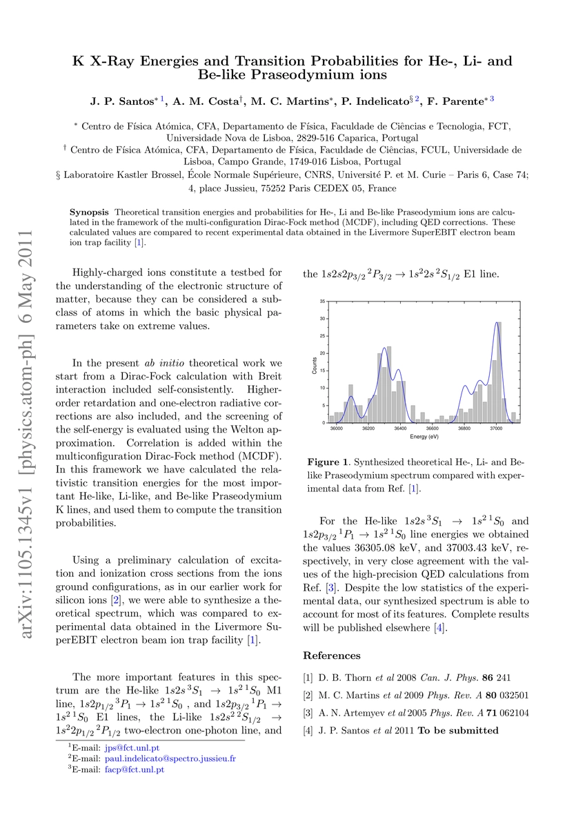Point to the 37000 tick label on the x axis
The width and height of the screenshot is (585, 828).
tap(496, 429)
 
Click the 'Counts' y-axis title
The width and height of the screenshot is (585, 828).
tap(315, 362)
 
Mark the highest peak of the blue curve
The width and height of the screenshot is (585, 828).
tap(497, 324)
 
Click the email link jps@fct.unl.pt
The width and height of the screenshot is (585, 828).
tap(130, 747)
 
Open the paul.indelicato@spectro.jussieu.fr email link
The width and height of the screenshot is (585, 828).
tap(170, 758)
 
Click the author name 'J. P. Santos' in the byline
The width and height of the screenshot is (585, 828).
tap(121, 101)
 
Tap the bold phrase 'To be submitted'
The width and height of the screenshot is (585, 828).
tap(458, 730)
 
